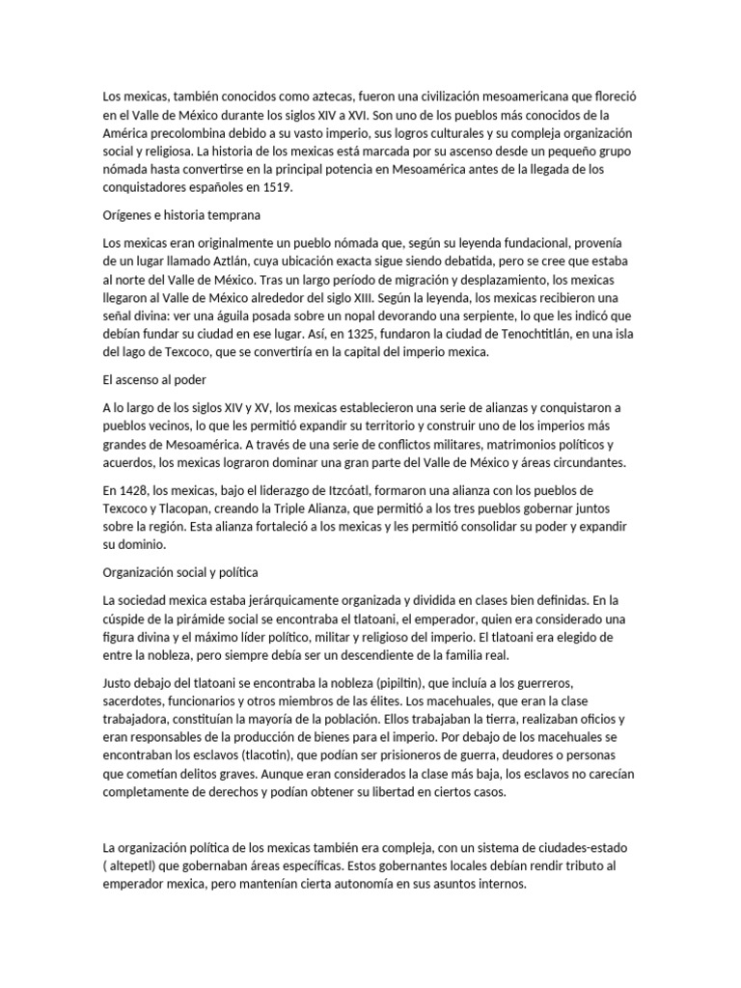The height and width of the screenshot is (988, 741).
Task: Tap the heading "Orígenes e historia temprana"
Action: (x=182, y=214)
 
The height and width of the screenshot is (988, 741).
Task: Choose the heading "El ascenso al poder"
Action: (x=155, y=380)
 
